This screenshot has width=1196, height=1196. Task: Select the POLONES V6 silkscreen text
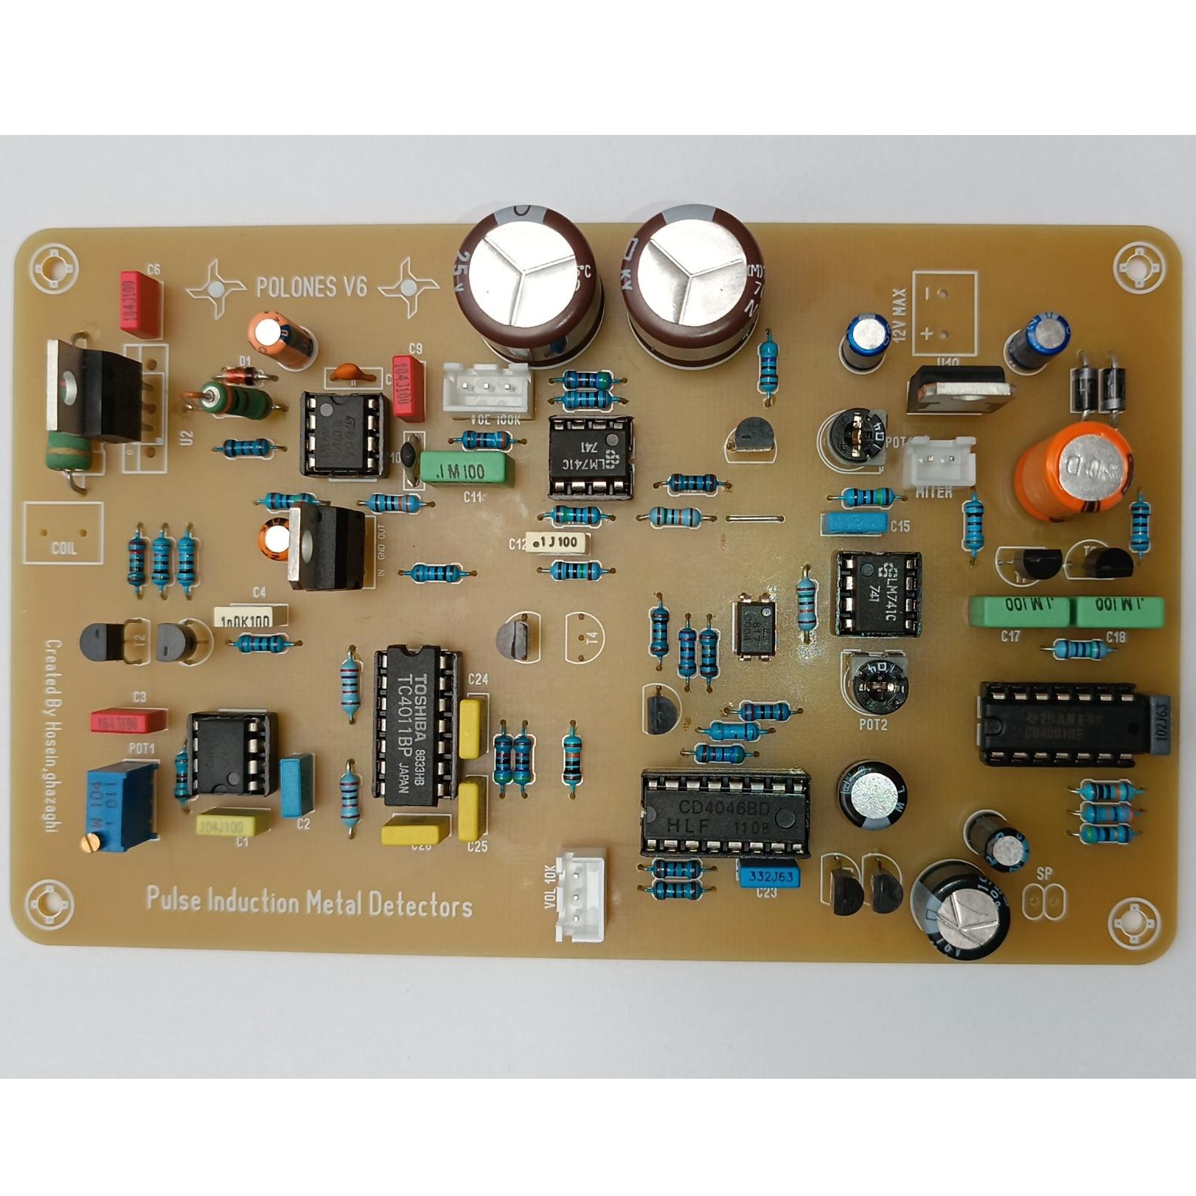pyautogui.click(x=311, y=287)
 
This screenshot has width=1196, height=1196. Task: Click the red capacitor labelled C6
pyautogui.click(x=142, y=302)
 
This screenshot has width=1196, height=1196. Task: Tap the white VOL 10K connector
pyautogui.click(x=581, y=894)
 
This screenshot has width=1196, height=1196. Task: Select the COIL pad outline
pyautogui.click(x=63, y=532)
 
